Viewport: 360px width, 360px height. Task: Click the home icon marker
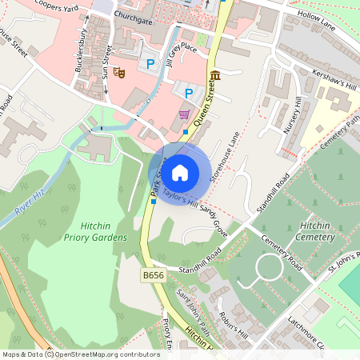180,171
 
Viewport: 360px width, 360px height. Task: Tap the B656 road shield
153,275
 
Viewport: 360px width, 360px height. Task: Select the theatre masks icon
120,72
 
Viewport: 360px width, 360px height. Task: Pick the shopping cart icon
184,114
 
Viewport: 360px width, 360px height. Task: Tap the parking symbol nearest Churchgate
148,64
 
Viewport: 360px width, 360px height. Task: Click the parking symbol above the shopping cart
189,94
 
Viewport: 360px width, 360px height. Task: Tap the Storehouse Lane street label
223,160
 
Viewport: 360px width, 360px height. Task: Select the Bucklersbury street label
81,50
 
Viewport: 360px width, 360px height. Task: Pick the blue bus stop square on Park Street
154,202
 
